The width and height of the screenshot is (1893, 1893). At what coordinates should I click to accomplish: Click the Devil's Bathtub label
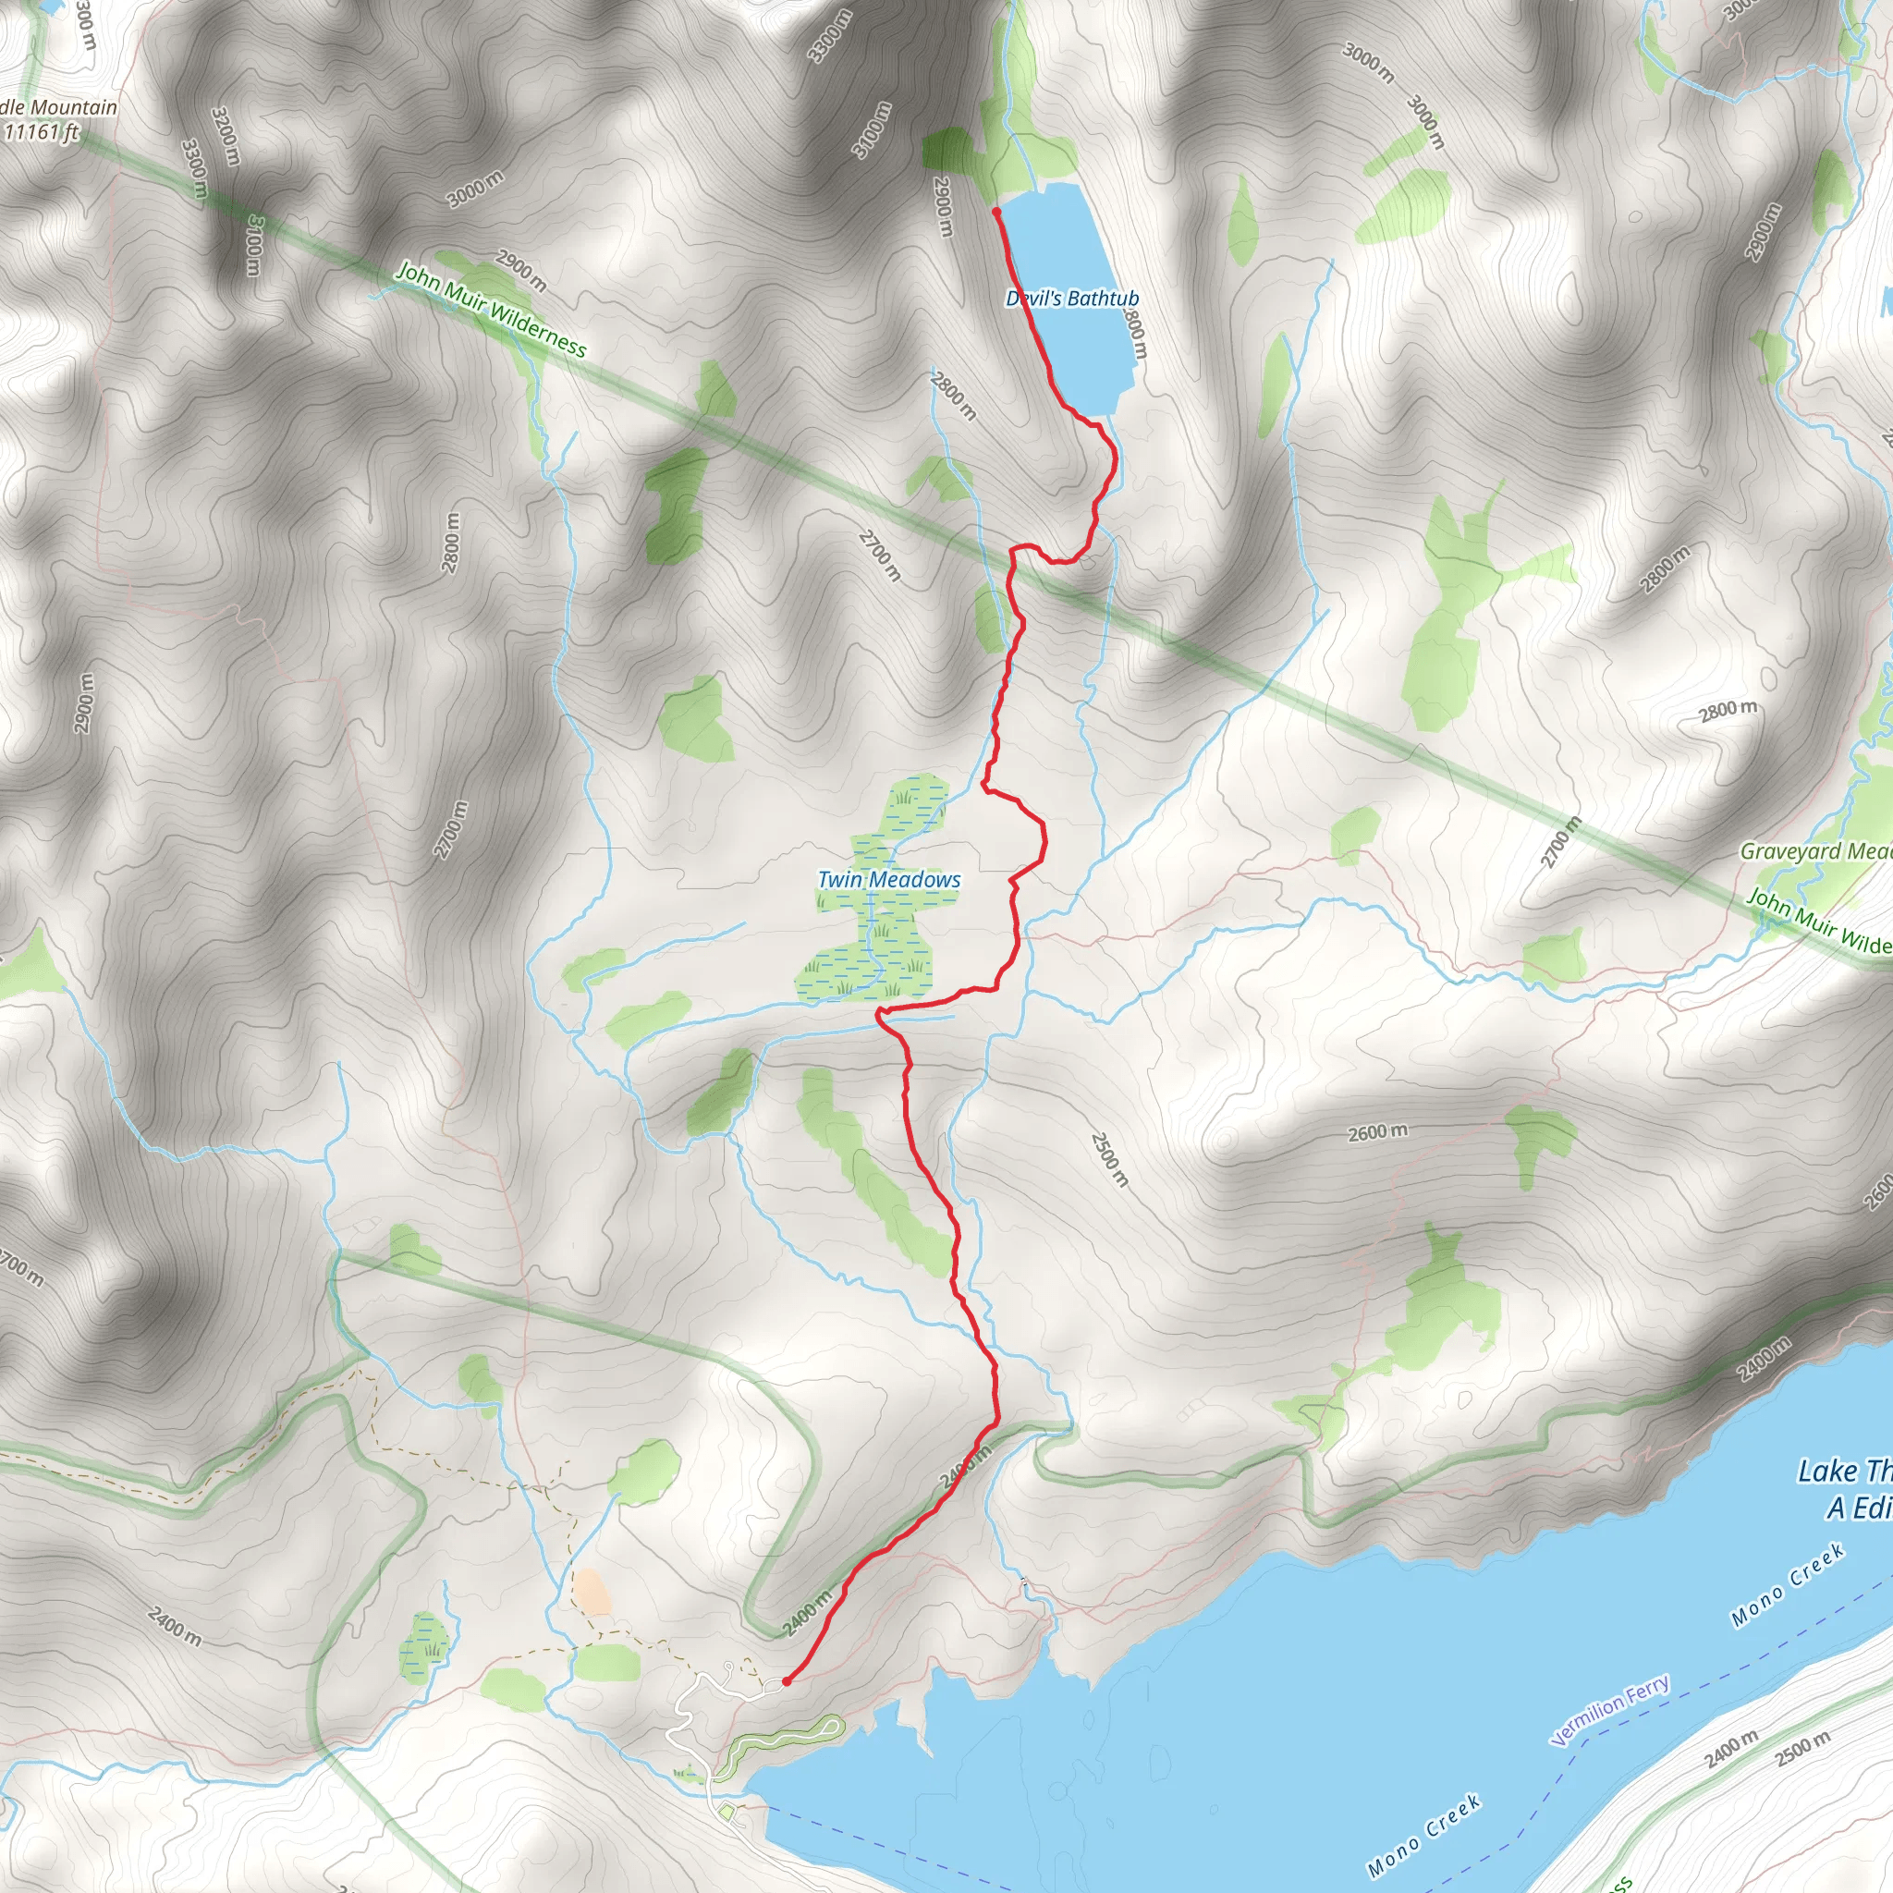pyautogui.click(x=1072, y=298)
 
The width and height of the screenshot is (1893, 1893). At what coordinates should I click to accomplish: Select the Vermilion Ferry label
pyautogui.click(x=1609, y=1710)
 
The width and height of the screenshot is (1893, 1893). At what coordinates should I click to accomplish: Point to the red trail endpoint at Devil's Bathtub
pyautogui.click(x=995, y=211)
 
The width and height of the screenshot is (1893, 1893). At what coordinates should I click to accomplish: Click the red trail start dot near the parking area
pyautogui.click(x=786, y=1681)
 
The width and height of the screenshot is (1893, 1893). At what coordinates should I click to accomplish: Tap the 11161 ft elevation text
pyautogui.click(x=42, y=132)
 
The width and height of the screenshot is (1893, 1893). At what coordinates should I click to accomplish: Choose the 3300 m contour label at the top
pyautogui.click(x=829, y=37)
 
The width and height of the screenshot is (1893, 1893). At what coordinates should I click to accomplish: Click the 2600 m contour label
pyautogui.click(x=1376, y=1132)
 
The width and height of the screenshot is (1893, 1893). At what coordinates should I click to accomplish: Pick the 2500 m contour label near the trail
pyautogui.click(x=1109, y=1159)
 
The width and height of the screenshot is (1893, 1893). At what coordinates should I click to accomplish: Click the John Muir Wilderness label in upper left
pyautogui.click(x=490, y=310)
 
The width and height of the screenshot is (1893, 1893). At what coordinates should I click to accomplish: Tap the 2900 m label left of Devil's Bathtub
pyautogui.click(x=943, y=206)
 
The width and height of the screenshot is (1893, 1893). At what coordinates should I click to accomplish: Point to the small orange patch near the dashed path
pyautogui.click(x=591, y=1593)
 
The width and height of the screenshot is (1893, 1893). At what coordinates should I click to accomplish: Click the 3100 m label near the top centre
pyautogui.click(x=871, y=129)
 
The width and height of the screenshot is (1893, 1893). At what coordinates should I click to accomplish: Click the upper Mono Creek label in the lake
pyautogui.click(x=1788, y=1584)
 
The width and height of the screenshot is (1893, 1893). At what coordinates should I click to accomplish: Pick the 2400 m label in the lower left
pyautogui.click(x=176, y=1627)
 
